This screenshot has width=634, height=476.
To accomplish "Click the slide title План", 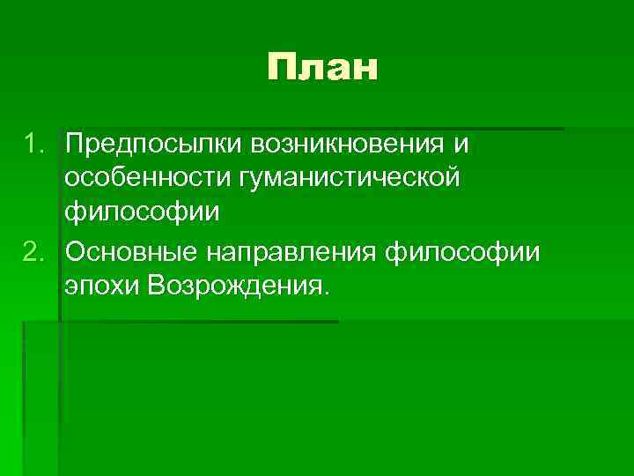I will coord(323,68).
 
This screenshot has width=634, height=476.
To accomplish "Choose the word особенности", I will coord(144,179).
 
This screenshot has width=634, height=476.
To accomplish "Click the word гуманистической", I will coord(346,179).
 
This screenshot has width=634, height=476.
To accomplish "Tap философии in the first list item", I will coord(129,215).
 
